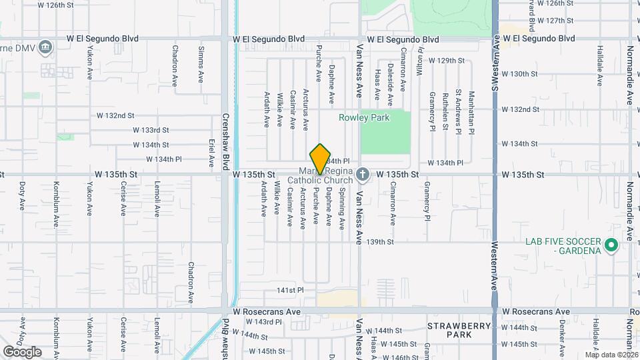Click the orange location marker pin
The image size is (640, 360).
321,159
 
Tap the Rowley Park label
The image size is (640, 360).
364,117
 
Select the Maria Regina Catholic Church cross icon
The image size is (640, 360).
362,175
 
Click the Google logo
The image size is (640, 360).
22,351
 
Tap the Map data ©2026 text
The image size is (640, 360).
611,354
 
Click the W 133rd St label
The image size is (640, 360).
151,130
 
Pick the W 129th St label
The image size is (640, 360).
446,61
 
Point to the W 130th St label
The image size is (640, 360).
519,74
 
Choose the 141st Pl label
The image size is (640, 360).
291,290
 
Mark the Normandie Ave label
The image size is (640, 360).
629,75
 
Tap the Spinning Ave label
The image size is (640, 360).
342,209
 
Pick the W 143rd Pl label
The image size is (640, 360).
269,322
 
